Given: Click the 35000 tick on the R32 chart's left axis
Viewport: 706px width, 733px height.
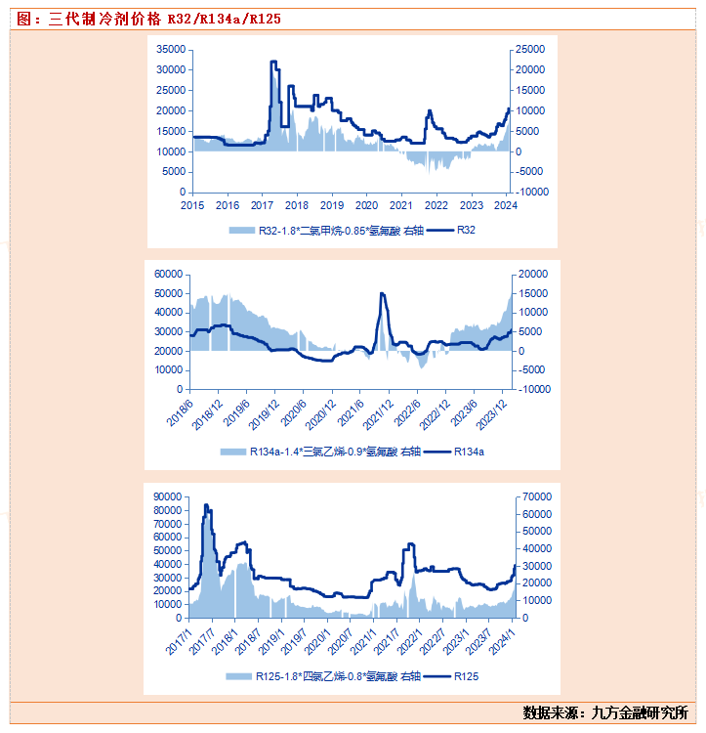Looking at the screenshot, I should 172,49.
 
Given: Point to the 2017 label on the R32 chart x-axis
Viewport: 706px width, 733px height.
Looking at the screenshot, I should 262,205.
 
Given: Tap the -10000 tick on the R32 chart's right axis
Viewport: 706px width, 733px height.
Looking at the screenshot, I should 533,193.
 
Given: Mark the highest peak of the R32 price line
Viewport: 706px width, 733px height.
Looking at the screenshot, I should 273,63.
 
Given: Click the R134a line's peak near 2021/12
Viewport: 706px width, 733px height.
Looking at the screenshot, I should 382,293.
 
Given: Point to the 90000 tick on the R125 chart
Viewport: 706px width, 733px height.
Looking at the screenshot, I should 169,496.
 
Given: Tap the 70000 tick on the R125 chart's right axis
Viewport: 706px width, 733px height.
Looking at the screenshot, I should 538,496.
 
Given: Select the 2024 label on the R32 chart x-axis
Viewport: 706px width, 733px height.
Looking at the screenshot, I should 506,205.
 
